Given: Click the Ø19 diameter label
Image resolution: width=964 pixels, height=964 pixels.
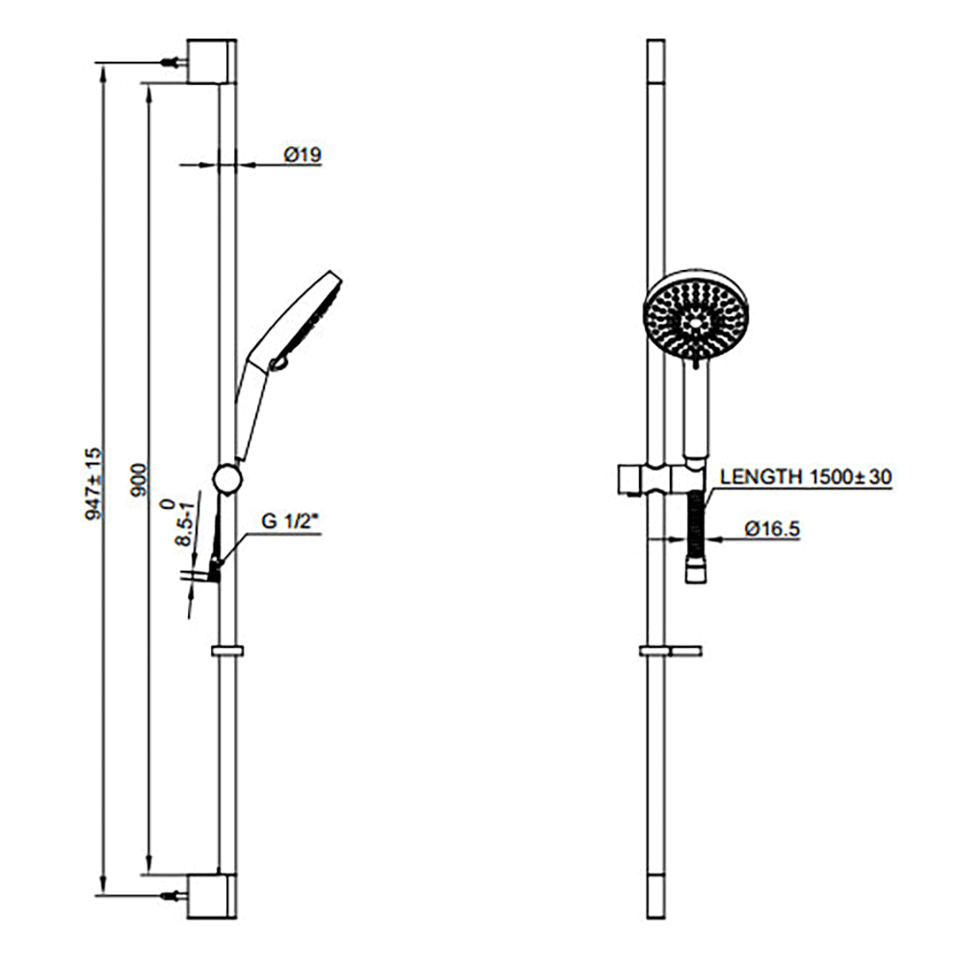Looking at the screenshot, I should [301, 154].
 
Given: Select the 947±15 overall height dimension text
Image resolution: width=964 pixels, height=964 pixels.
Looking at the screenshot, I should [94, 483].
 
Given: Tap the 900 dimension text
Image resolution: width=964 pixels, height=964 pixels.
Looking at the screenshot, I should [138, 479].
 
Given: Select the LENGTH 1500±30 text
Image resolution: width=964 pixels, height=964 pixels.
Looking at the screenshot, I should [806, 476].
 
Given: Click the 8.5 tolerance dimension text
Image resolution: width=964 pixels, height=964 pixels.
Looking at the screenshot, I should [181, 525].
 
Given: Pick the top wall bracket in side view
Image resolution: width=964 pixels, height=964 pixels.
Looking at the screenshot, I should [211, 63].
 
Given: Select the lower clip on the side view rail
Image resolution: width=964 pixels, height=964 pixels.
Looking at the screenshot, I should [227, 652].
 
